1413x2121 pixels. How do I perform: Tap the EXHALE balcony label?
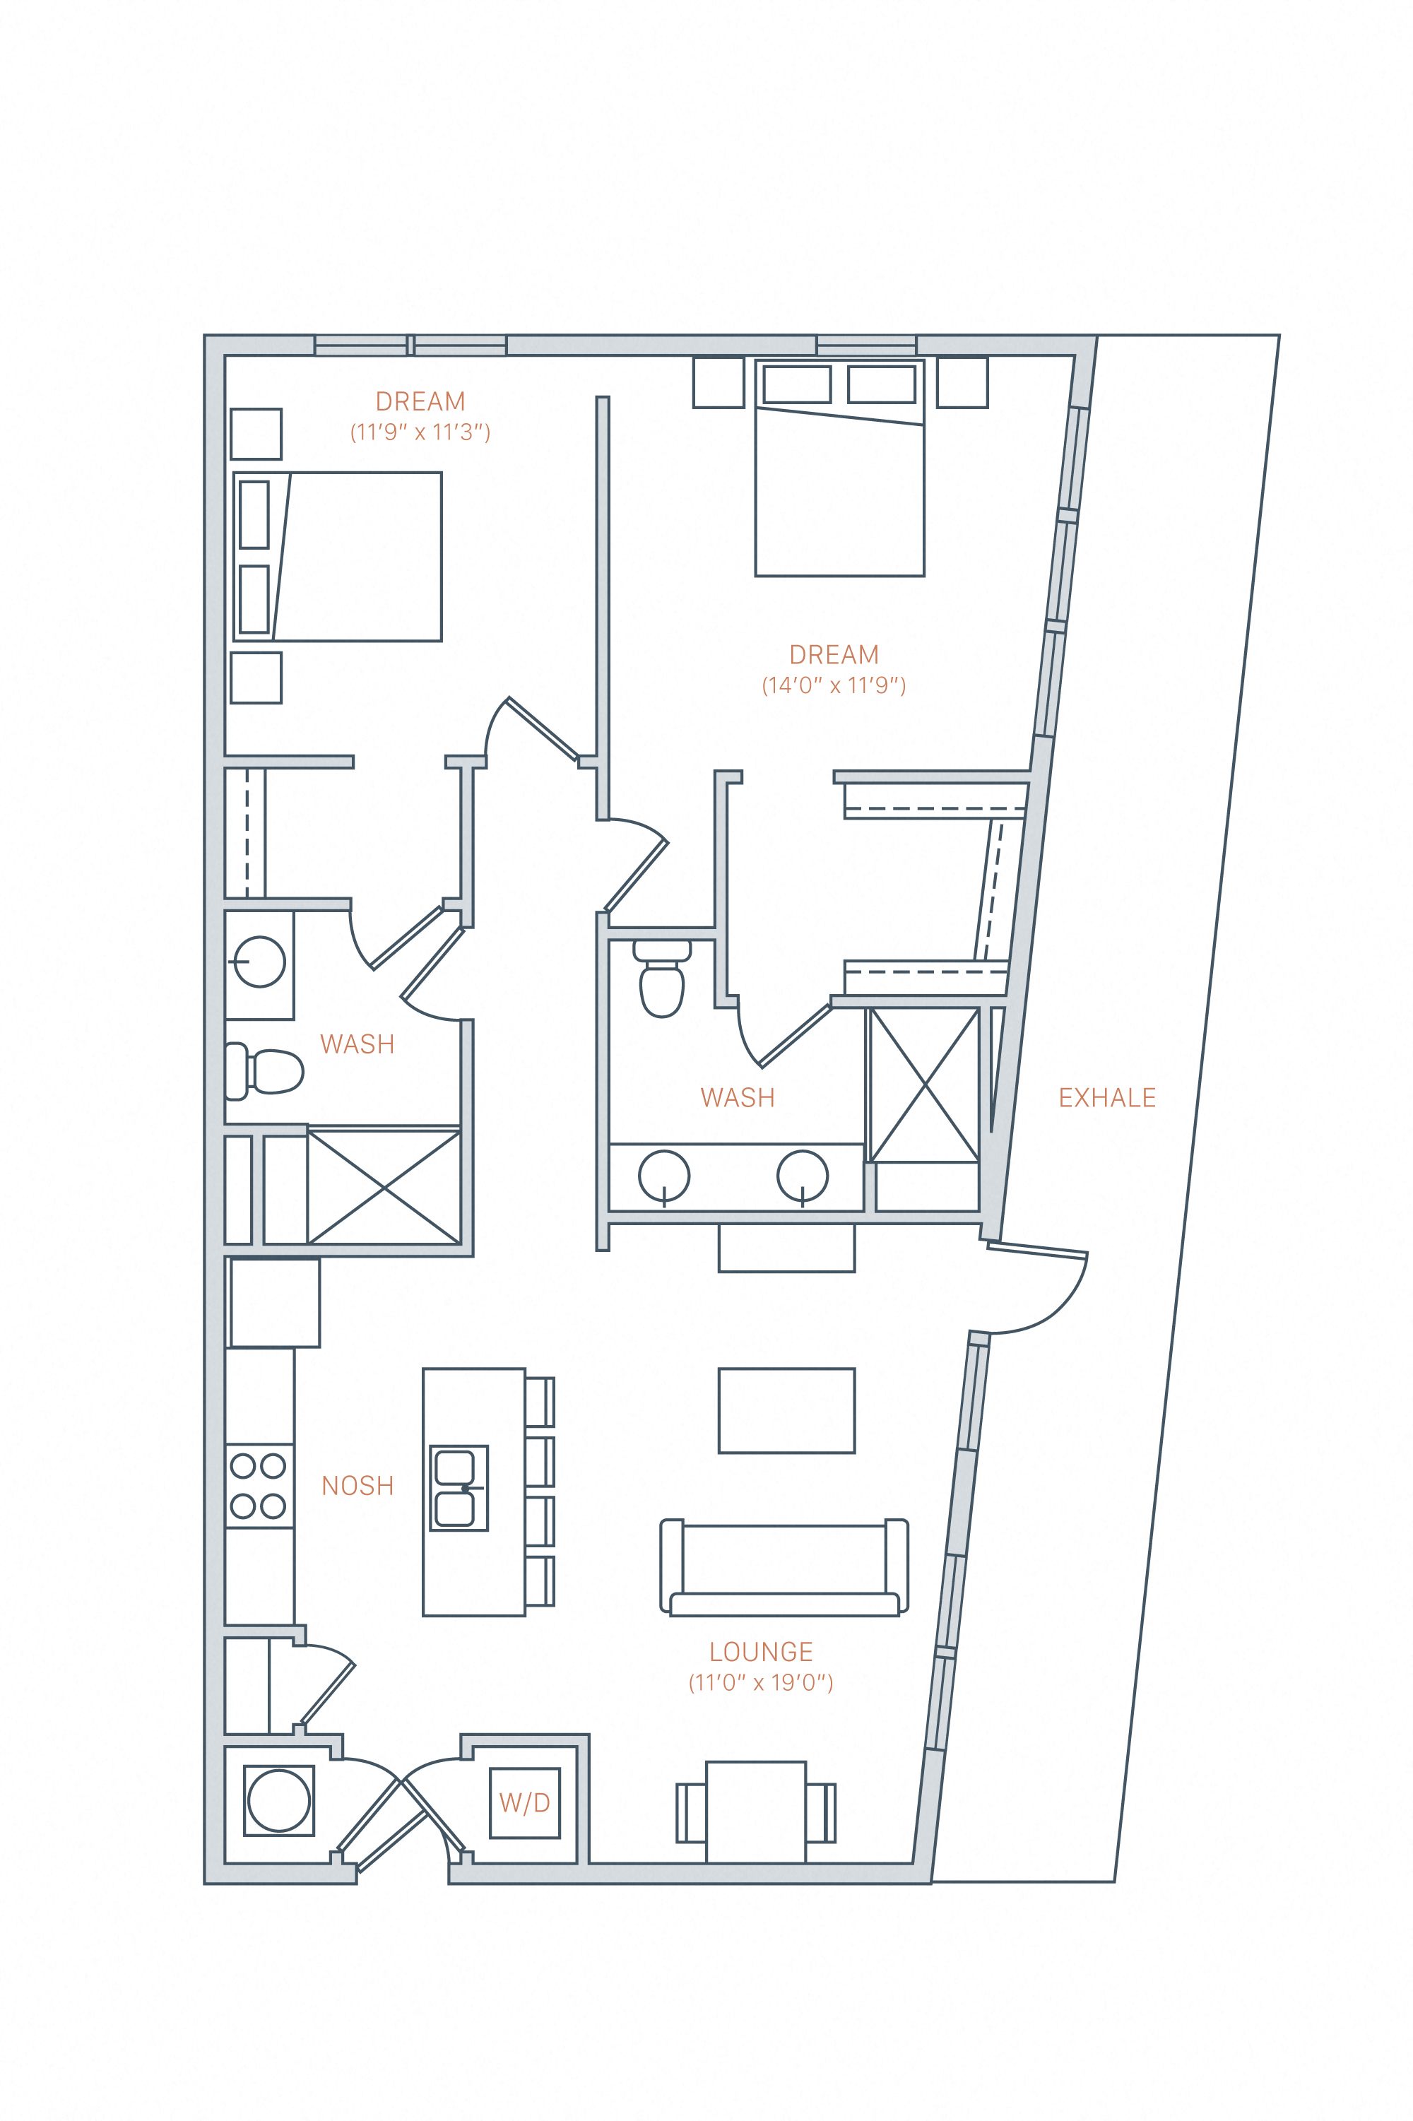tap(1106, 1097)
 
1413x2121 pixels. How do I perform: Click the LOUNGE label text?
tap(761, 1652)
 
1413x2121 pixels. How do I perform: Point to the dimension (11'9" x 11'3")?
tap(420, 432)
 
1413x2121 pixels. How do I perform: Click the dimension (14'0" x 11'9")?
tap(834, 685)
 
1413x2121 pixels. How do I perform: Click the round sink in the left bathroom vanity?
tap(259, 962)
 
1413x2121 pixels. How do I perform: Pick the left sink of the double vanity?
tap(664, 1176)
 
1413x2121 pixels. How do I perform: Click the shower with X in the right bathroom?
tap(925, 1085)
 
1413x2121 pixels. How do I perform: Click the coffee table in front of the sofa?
tap(786, 1410)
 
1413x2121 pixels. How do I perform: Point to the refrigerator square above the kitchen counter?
tap(275, 1303)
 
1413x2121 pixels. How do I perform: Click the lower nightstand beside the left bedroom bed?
tap(256, 678)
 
